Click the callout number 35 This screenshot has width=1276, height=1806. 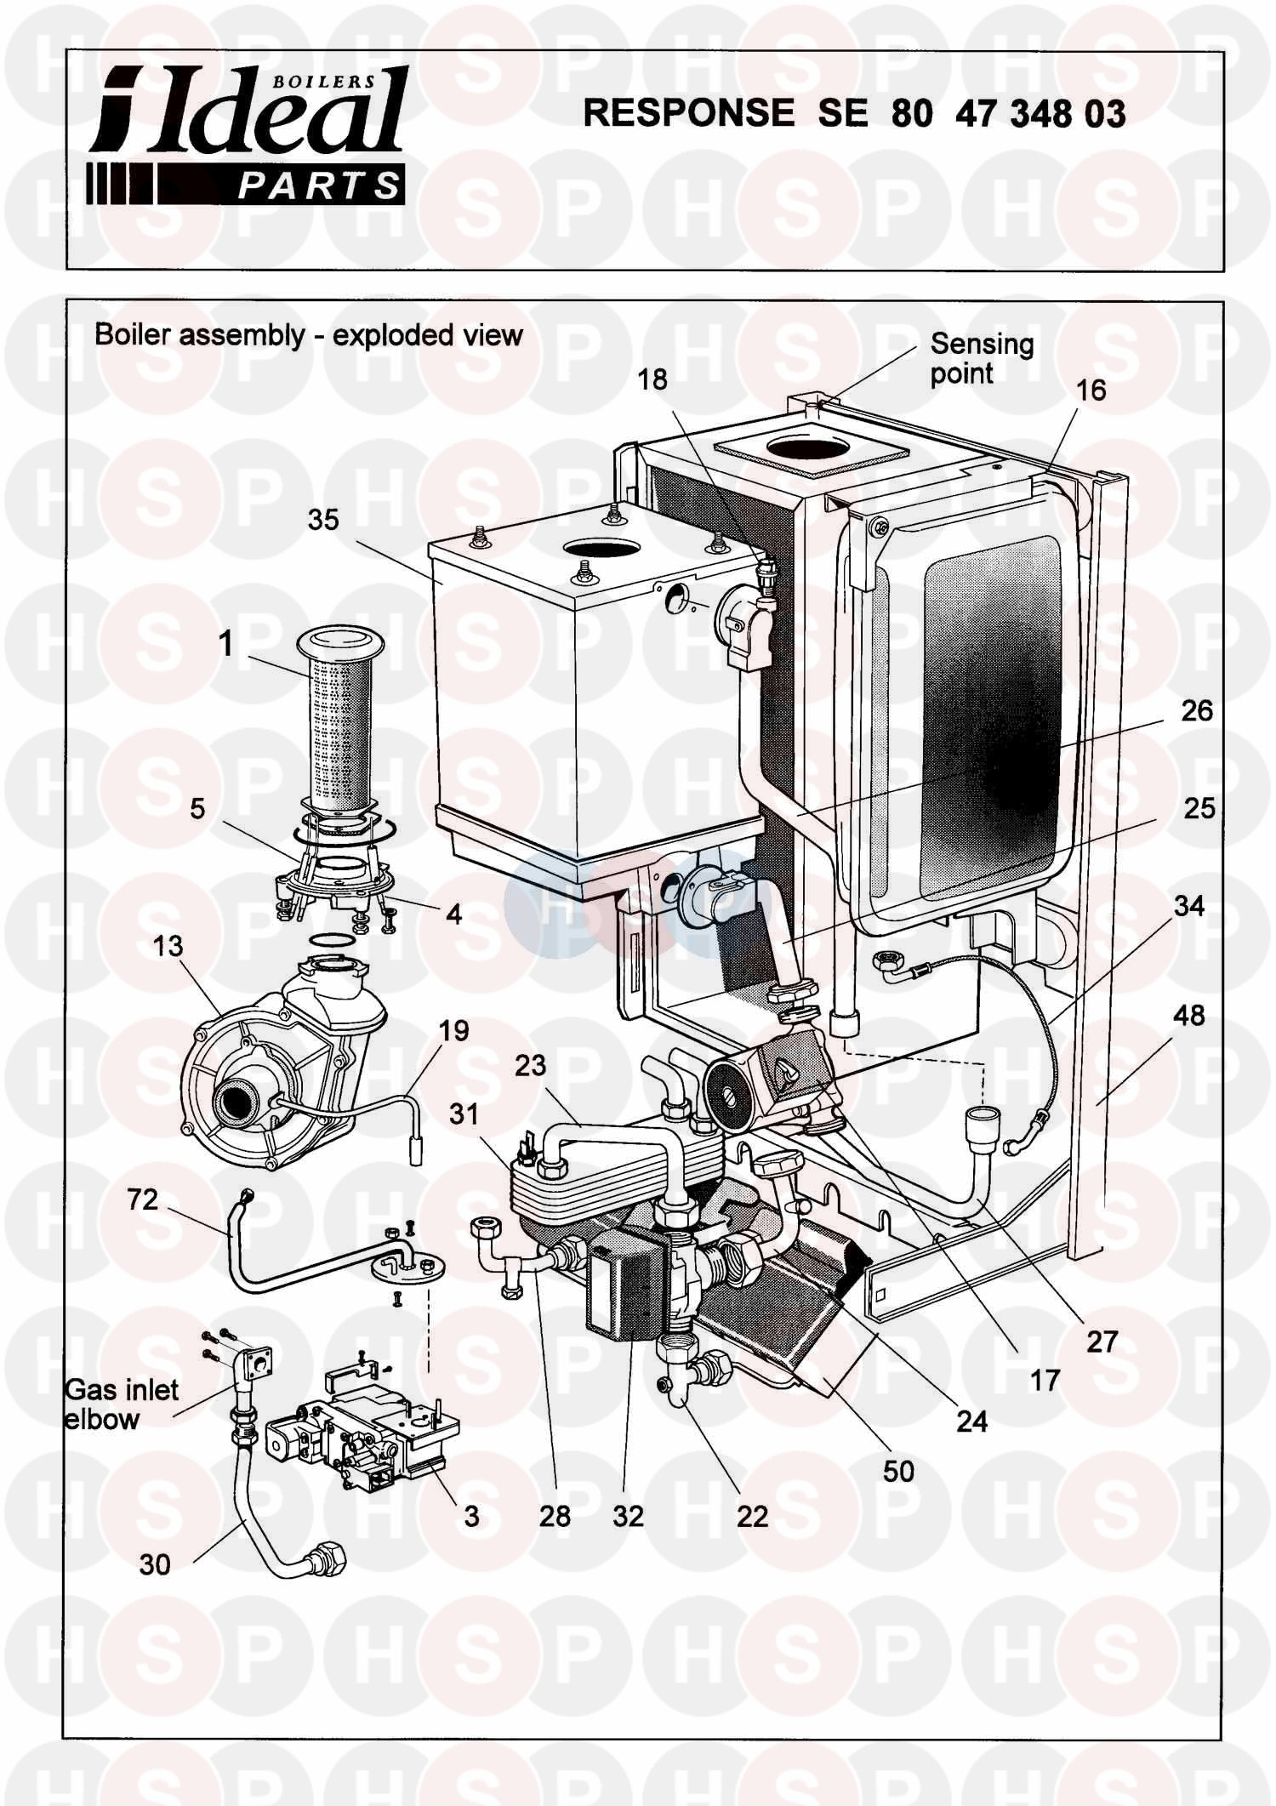323,520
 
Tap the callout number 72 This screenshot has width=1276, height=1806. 142,1199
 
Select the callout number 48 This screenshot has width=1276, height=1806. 1188,1015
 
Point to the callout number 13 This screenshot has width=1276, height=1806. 168,946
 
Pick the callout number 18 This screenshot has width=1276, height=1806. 652,379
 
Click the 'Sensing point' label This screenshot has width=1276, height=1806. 981,358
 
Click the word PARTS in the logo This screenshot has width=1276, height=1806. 318,185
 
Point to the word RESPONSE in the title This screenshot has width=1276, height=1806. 688,113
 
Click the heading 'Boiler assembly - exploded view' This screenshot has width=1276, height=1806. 308,335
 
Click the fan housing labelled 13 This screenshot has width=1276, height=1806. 272,1072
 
